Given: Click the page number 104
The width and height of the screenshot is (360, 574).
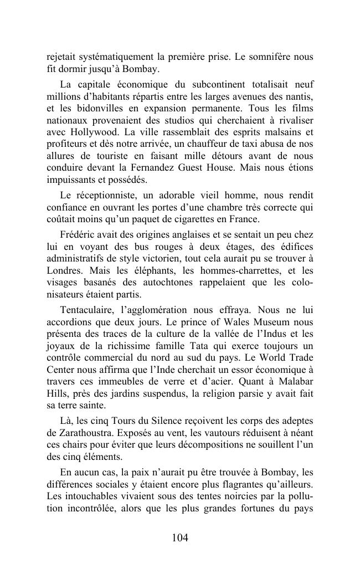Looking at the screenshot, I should coord(180,537).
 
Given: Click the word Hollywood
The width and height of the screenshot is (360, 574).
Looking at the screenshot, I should coord(93,132).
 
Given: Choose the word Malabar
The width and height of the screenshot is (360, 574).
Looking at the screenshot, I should coord(294,381).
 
